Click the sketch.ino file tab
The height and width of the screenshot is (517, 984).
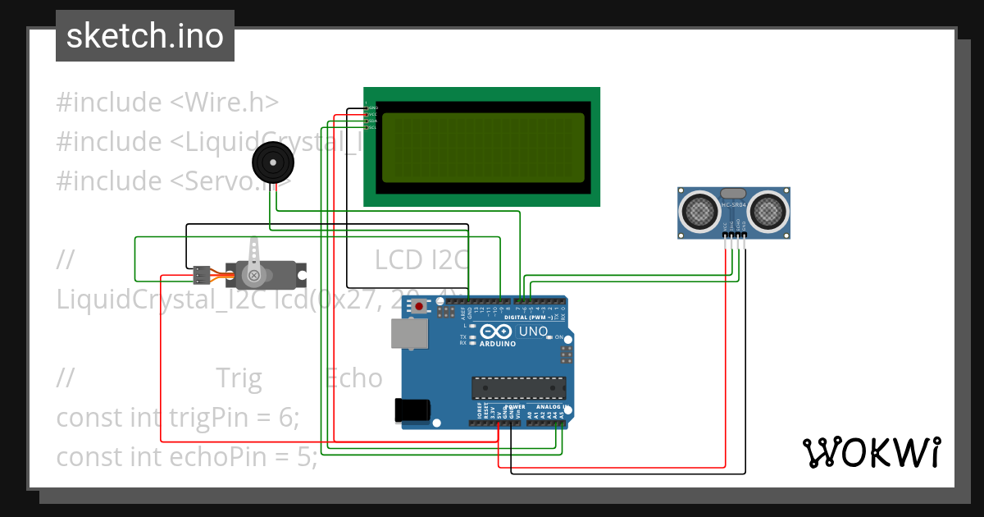144,36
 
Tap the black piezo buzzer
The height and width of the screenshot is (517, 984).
272,162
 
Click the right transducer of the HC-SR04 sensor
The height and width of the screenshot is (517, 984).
768,212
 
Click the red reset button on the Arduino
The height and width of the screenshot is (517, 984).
420,307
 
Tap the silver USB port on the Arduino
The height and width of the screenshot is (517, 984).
409,332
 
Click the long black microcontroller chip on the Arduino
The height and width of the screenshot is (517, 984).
518,387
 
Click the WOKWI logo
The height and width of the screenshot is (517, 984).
871,452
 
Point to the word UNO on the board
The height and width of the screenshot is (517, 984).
535,332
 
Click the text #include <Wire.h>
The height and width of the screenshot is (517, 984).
167,103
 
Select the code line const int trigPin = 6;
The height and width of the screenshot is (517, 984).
178,417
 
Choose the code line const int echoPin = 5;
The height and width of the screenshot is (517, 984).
187,456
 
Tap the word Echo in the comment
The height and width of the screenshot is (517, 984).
353,378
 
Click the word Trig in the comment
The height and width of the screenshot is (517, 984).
239,378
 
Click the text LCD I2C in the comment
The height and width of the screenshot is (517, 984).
421,260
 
